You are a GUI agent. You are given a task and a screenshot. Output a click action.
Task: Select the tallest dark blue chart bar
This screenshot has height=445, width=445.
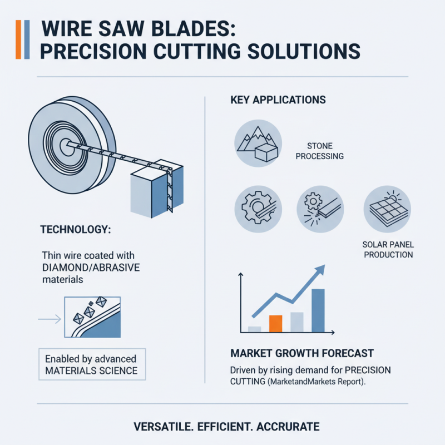(x=318, y=310)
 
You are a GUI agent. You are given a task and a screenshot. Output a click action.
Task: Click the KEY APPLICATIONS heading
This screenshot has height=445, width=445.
(x=278, y=101)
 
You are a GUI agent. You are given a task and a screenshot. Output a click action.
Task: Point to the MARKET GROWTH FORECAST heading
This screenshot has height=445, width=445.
(x=301, y=353)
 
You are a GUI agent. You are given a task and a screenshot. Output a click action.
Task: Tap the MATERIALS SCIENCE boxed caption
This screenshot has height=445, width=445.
(x=91, y=370)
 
